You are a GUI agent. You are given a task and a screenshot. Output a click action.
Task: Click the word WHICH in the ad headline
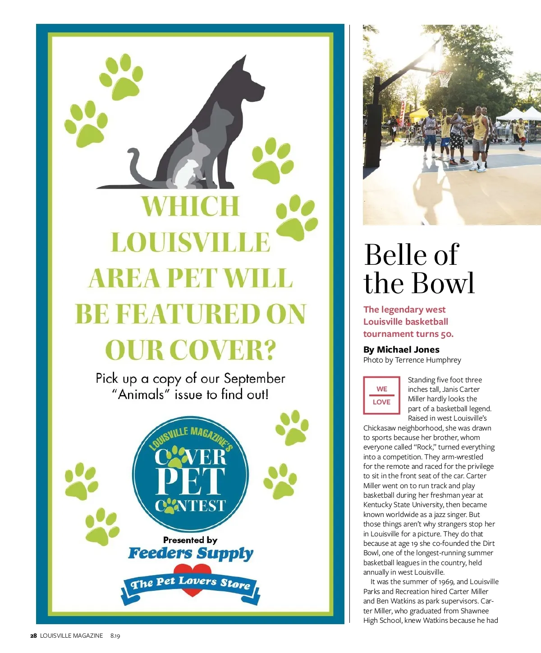(x=190, y=206)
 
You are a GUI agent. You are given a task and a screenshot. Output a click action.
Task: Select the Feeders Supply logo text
(x=191, y=553)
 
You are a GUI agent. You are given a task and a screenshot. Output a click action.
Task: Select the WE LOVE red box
(x=381, y=395)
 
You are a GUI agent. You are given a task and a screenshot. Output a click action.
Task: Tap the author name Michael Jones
(x=408, y=349)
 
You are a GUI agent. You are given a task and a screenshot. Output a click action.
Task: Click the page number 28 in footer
(x=33, y=636)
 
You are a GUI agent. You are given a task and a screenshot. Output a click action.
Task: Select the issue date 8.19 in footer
(x=115, y=636)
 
